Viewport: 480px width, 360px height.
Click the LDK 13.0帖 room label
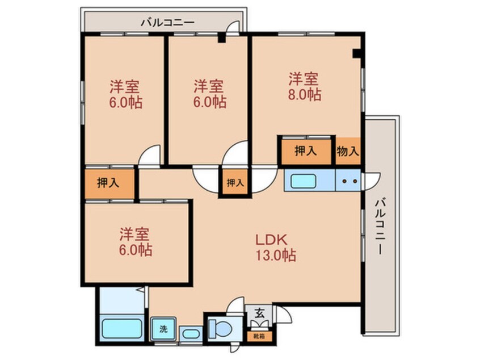[276, 248]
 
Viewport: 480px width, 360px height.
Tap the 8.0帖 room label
[305, 86]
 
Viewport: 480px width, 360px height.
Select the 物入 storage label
[348, 151]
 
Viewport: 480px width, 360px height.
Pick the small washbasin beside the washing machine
[189, 332]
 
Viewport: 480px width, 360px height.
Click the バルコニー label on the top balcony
[167, 23]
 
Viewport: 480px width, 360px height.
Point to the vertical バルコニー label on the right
[381, 226]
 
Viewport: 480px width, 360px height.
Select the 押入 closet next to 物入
[305, 151]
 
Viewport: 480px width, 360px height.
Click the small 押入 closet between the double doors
[235, 183]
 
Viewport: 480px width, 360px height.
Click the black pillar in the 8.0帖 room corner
[357, 54]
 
